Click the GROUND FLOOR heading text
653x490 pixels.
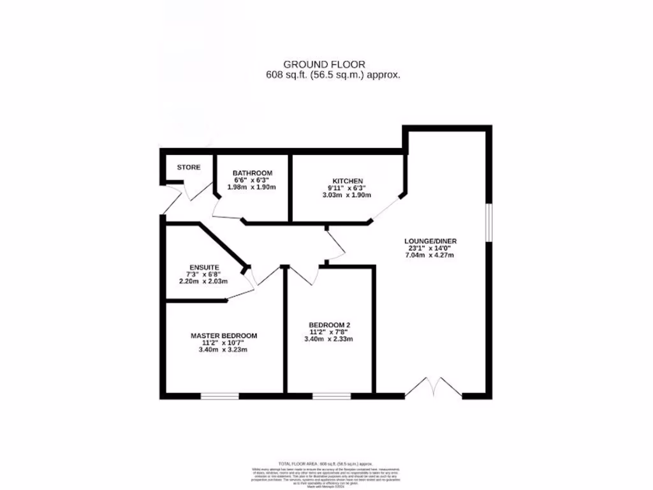(x=324, y=64)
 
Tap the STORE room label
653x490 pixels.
(x=189, y=168)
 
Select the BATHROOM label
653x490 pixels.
(x=253, y=174)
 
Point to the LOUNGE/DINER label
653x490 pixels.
(x=431, y=241)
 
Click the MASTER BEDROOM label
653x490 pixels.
(x=224, y=336)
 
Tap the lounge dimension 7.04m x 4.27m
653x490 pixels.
(x=431, y=256)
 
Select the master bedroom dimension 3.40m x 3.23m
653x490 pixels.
(x=224, y=350)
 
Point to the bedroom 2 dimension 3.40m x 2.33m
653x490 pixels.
(x=329, y=339)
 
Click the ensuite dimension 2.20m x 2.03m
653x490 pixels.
(x=204, y=281)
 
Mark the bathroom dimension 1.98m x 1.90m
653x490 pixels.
(x=253, y=188)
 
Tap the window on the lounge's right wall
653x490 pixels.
(x=488, y=223)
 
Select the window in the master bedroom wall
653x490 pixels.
(x=220, y=396)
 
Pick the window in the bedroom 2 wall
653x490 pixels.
(x=331, y=396)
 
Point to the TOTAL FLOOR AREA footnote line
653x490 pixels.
(x=326, y=464)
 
